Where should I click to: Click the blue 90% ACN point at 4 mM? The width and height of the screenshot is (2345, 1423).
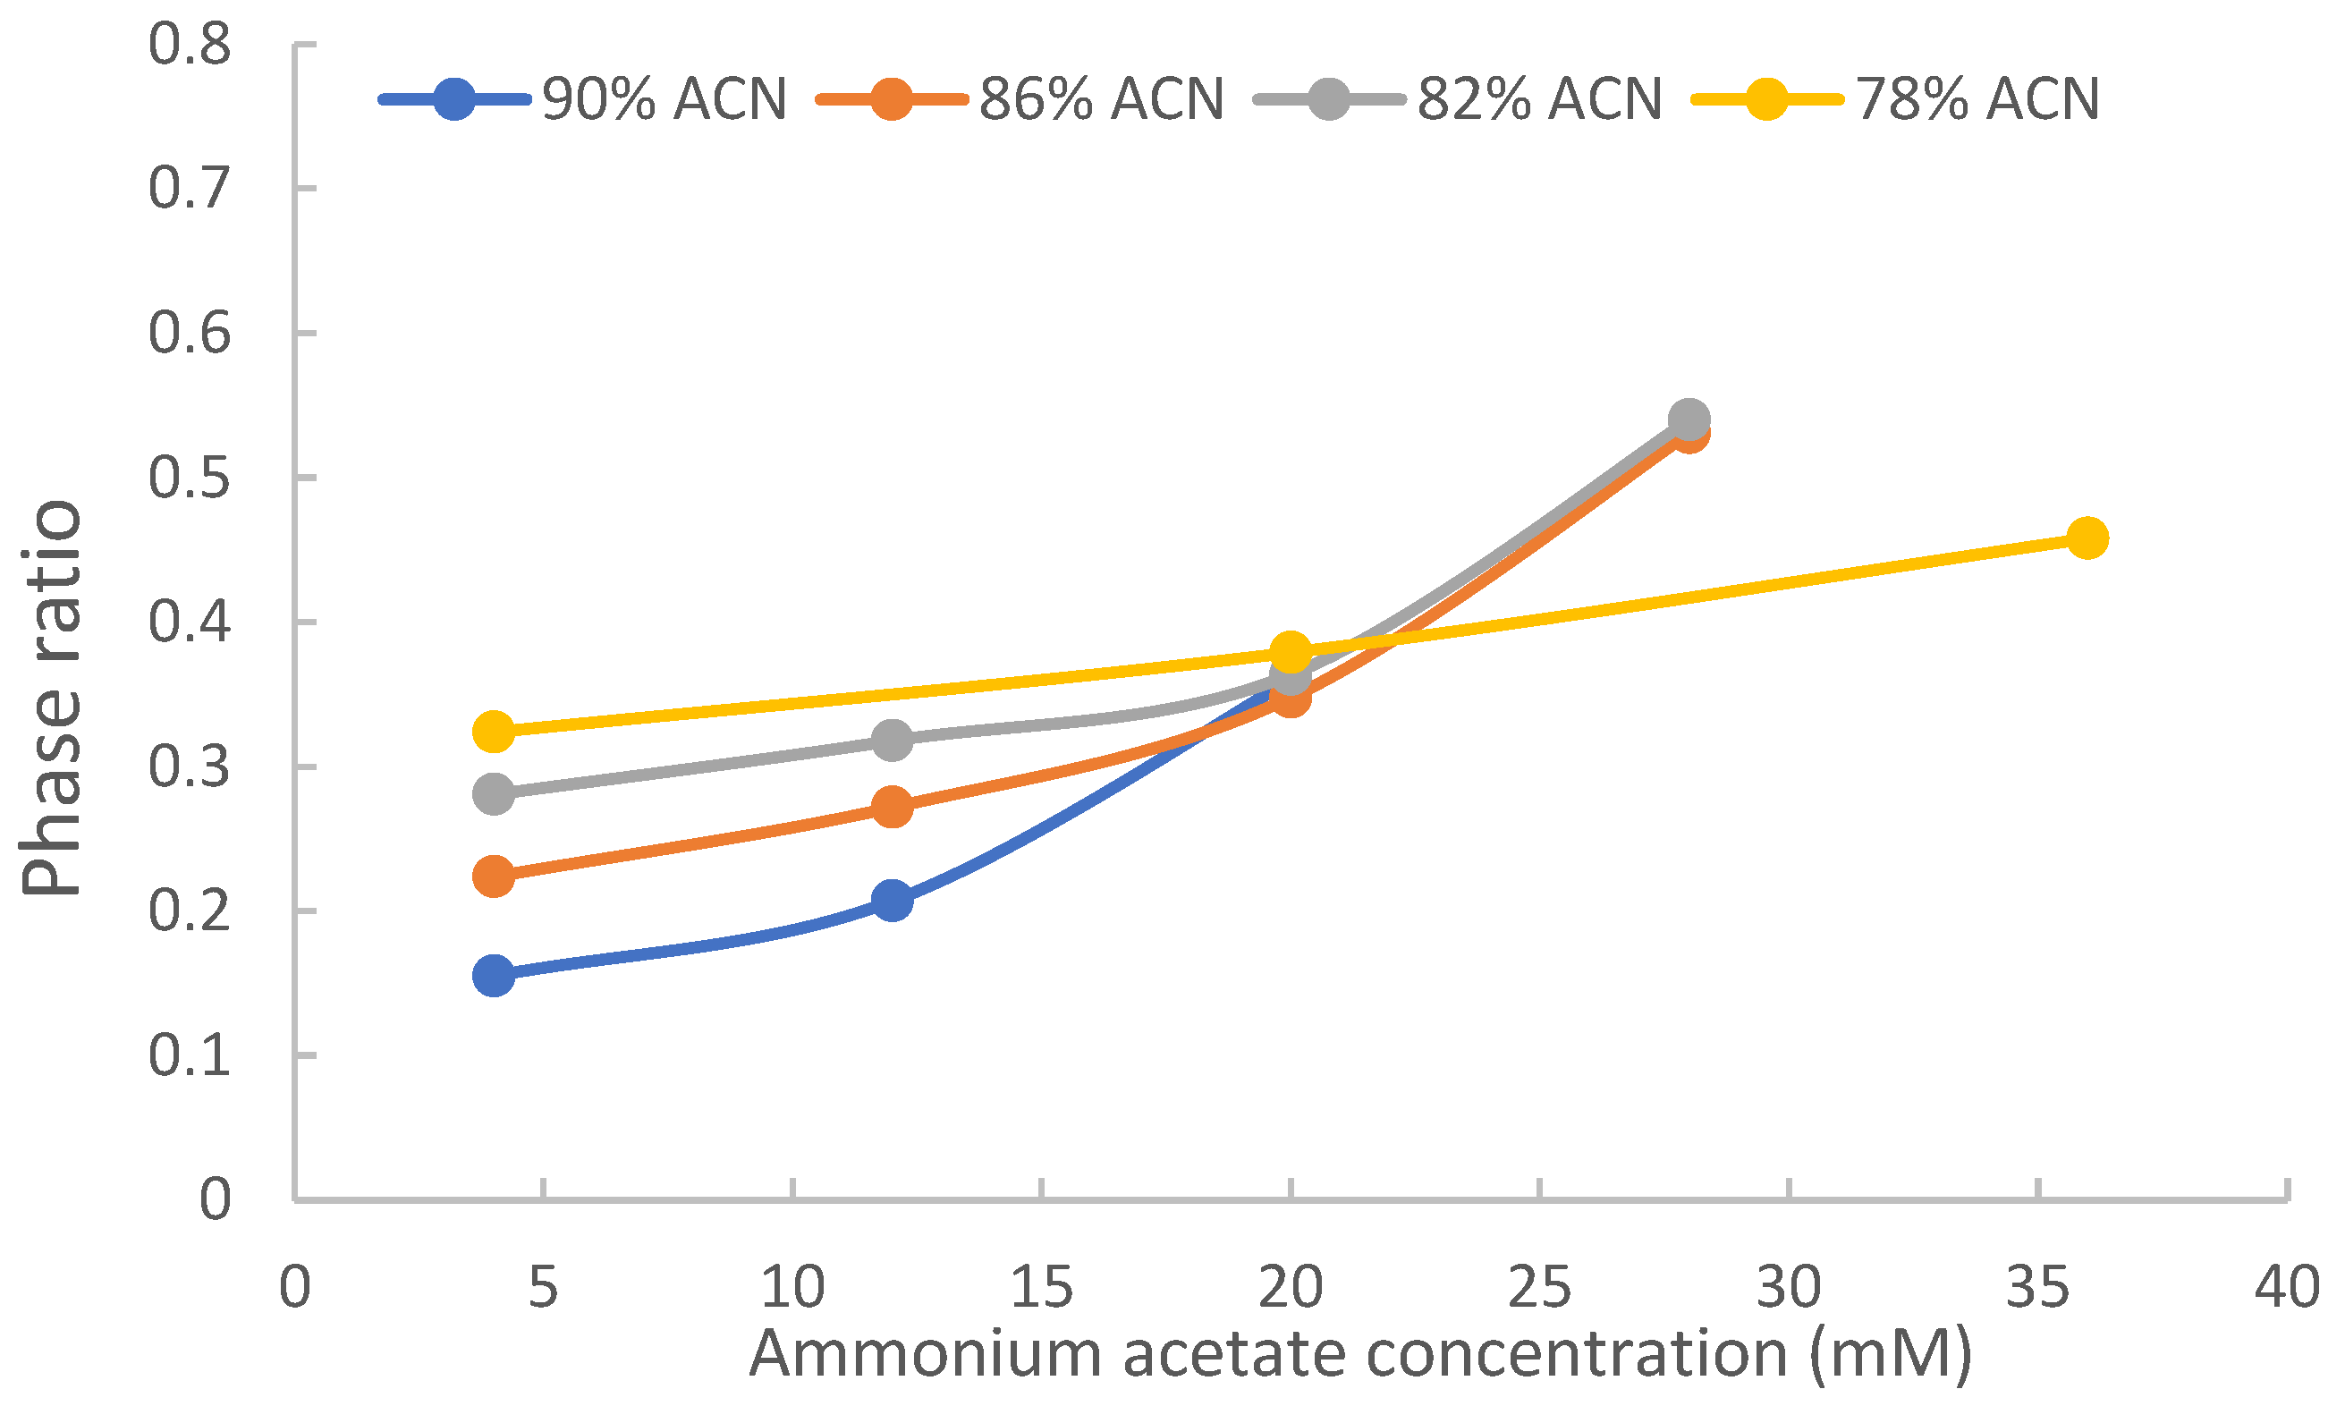(494, 975)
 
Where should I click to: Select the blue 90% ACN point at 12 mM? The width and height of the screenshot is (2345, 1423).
(893, 900)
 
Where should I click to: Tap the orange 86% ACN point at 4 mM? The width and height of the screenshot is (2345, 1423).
(494, 876)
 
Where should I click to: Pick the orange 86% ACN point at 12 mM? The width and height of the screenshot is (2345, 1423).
(893, 807)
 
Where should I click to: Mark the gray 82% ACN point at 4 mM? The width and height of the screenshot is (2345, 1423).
(494, 792)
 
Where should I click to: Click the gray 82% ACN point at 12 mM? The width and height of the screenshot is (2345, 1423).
(893, 739)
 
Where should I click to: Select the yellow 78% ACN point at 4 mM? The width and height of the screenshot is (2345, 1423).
(494, 731)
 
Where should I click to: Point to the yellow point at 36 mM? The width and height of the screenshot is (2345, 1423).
(2087, 538)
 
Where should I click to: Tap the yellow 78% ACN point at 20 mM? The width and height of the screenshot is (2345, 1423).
(1291, 653)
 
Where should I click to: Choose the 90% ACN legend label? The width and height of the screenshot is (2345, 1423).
(665, 99)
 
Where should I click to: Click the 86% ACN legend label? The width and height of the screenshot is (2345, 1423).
(1101, 99)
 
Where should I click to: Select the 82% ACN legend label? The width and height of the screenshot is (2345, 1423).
(1539, 99)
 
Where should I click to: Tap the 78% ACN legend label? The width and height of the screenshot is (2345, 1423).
(1977, 99)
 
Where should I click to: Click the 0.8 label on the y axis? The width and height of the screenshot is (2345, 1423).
(190, 45)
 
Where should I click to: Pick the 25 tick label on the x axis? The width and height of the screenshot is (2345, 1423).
(1539, 1288)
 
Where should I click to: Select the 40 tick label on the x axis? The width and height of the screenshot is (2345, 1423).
(2287, 1288)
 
